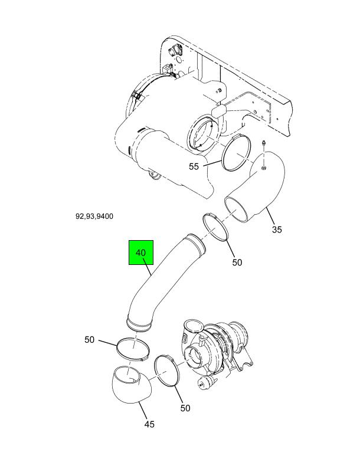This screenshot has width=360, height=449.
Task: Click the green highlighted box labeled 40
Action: coord(141,253)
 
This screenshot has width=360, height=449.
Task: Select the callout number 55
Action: coord(194,166)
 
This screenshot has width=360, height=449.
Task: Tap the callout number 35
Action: coord(277,230)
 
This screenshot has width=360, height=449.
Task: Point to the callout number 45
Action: coord(149,424)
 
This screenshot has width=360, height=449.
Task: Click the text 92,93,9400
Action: coord(94,216)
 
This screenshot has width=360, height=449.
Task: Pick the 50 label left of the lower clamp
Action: coord(89,340)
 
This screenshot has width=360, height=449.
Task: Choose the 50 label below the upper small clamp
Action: coord(237,263)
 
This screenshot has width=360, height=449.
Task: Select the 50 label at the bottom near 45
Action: coord(185,408)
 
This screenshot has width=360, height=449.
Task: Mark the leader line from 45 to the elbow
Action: coord(143,411)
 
